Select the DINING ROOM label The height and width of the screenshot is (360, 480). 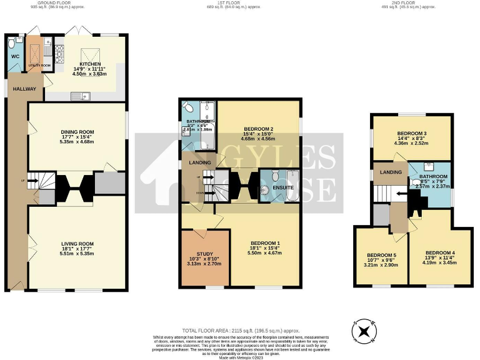point(77,132)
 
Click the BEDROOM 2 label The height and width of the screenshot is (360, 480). point(258,129)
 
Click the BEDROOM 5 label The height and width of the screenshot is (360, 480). point(380,255)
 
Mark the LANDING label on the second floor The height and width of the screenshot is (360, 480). point(388,172)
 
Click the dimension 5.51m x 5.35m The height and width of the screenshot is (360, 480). point(77,255)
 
